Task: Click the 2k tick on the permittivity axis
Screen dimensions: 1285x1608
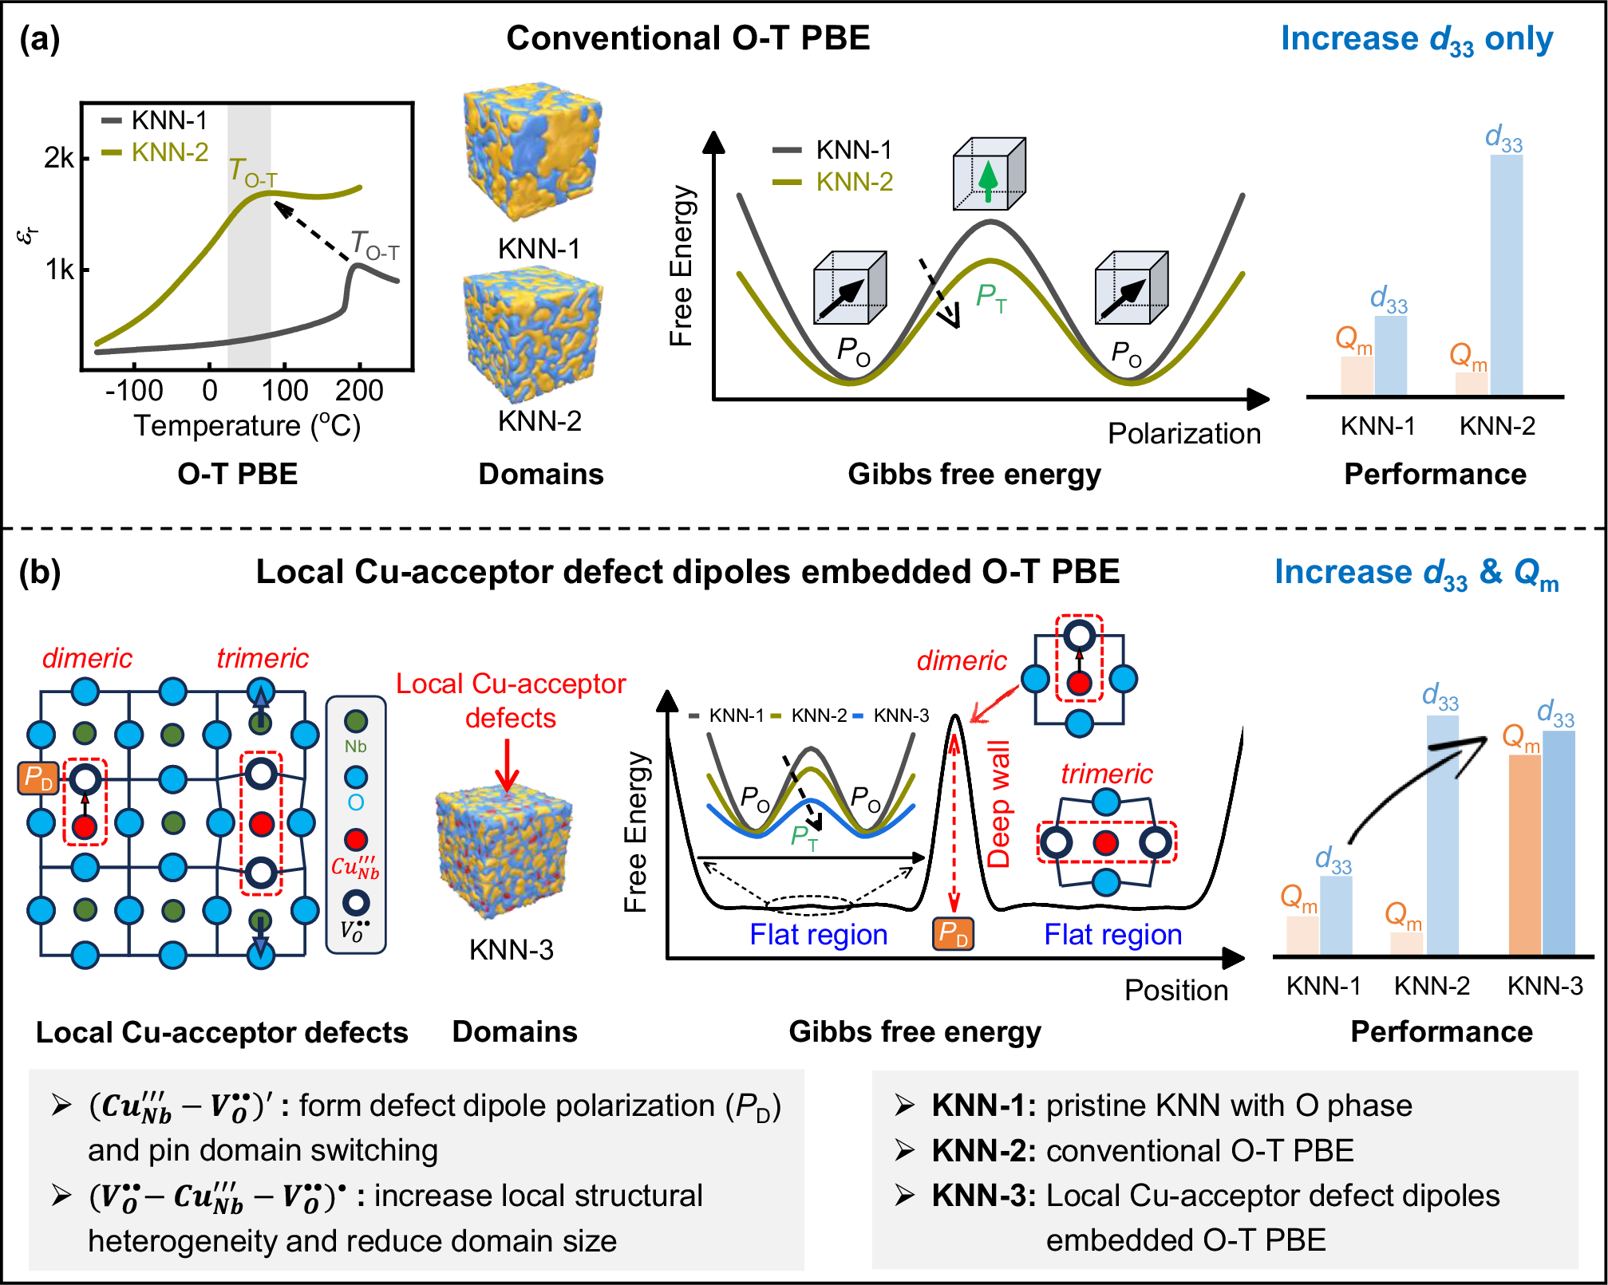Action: click(60, 158)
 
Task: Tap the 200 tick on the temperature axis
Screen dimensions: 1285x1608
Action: click(359, 391)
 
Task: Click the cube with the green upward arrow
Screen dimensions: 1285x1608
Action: click(989, 174)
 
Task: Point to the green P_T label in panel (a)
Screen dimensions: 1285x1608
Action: click(991, 298)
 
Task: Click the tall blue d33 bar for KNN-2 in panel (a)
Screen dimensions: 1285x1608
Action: click(1506, 275)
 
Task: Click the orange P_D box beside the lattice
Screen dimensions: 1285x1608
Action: click(38, 778)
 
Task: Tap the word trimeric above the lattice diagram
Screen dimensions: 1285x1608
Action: click(262, 658)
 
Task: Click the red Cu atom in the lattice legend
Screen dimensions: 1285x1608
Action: click(356, 839)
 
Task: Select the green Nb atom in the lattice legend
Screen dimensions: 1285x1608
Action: click(356, 722)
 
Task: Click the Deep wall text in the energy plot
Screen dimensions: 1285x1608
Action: click(998, 804)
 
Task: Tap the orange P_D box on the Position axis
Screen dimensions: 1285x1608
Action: click(953, 933)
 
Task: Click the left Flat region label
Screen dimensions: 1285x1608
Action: click(818, 934)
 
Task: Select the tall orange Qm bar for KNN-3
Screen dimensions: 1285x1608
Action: click(1524, 853)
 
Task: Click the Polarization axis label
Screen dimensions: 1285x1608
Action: click(1183, 434)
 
